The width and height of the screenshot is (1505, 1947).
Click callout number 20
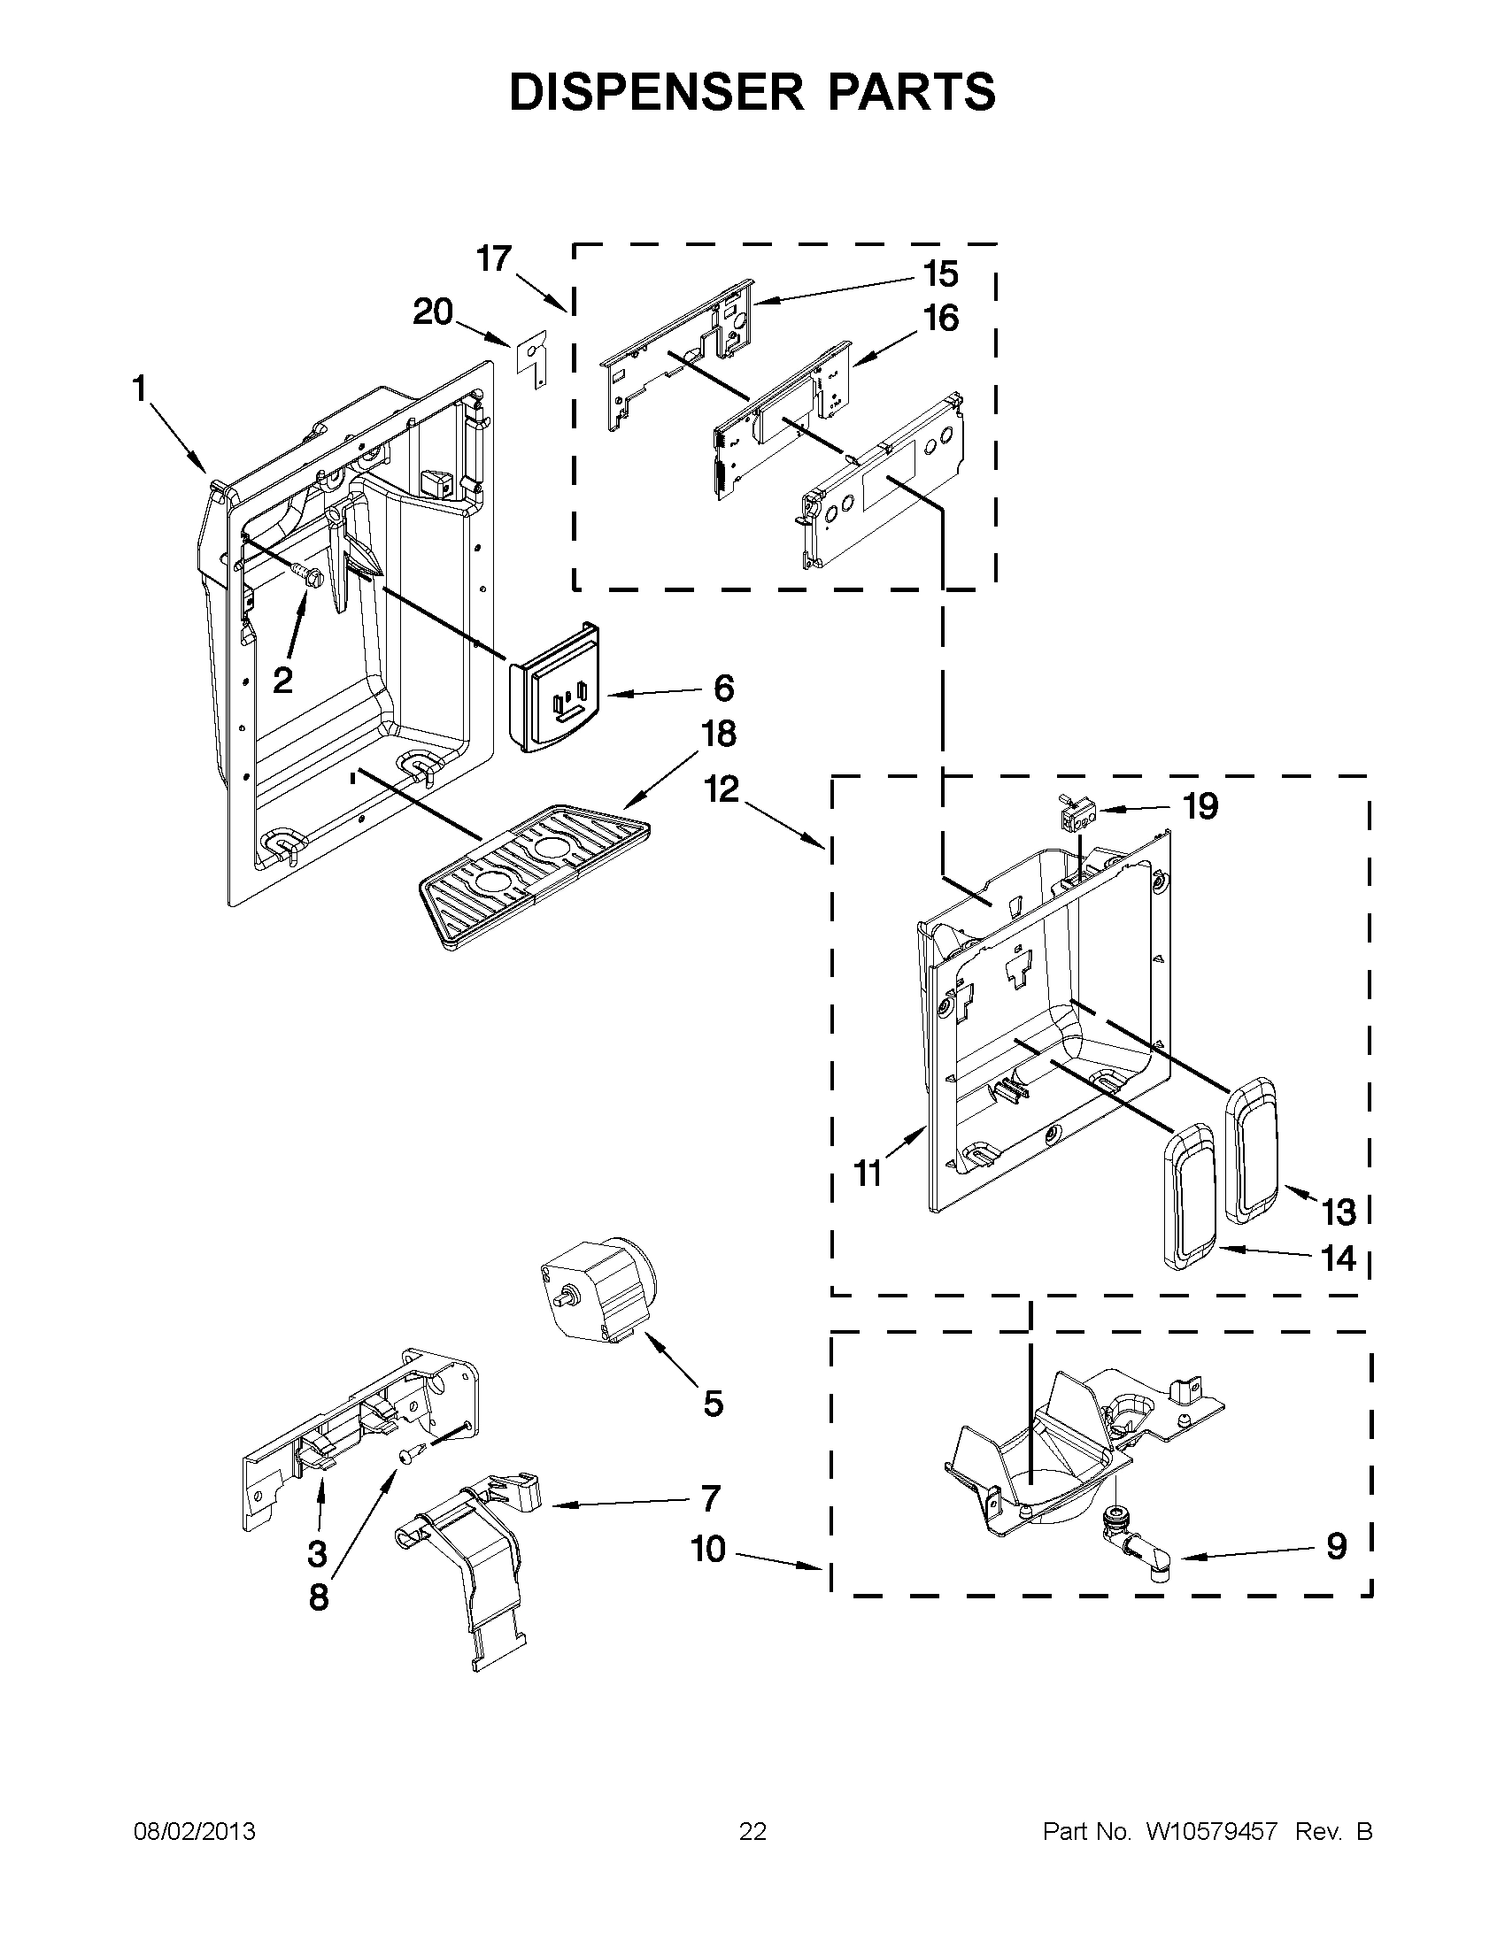pyautogui.click(x=432, y=313)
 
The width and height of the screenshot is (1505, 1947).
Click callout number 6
pyautogui.click(x=723, y=689)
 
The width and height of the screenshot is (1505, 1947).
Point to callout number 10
pyautogui.click(x=709, y=1550)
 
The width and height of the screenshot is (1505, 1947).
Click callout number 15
pyautogui.click(x=939, y=274)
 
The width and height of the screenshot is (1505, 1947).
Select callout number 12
pyautogui.click(x=722, y=789)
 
